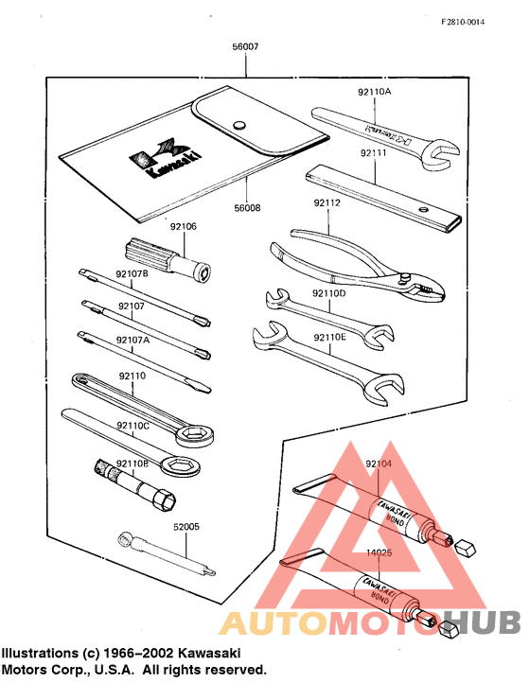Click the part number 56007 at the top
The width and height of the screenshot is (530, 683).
click(x=246, y=46)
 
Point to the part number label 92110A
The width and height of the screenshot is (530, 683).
click(x=374, y=92)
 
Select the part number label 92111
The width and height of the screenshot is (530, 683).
click(x=374, y=152)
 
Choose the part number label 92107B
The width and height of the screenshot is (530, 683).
click(x=132, y=274)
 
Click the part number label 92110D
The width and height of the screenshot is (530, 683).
click(x=330, y=294)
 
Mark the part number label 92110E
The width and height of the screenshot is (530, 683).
click(x=330, y=334)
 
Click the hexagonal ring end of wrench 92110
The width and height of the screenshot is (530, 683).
click(x=195, y=433)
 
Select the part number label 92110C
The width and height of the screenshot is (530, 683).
click(x=132, y=427)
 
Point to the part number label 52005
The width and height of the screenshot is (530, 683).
click(x=185, y=527)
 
